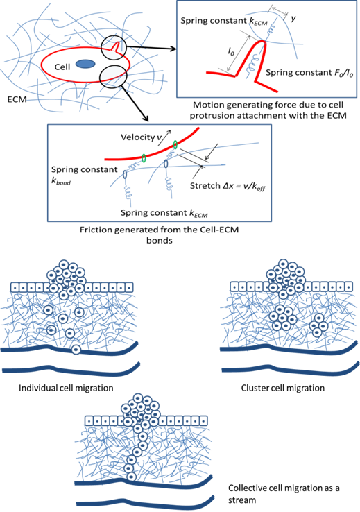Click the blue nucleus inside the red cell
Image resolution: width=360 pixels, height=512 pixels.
tap(85, 64)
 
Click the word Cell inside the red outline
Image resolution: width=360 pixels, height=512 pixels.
tap(62, 67)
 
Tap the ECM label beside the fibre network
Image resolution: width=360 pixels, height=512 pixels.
tap(17, 99)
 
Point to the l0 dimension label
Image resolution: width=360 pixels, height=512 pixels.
tap(231, 51)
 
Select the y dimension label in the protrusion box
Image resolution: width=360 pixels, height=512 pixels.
tap(293, 18)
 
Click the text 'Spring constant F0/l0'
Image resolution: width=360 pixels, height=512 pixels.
tap(309, 73)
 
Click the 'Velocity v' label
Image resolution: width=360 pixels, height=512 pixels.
tap(141, 137)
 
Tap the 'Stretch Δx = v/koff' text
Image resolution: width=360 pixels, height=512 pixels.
tap(228, 186)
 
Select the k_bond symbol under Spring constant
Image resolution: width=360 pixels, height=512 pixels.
tap(61, 181)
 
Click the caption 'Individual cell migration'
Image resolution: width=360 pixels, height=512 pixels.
tap(66, 388)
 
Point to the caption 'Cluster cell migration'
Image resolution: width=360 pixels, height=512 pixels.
tap(283, 388)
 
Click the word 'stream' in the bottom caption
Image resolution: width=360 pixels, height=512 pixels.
tap(242, 500)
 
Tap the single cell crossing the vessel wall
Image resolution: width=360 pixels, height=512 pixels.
tap(76, 350)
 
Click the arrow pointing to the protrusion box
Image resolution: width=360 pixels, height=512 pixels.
tap(151, 49)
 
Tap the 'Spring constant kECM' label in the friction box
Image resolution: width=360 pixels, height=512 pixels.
tap(164, 213)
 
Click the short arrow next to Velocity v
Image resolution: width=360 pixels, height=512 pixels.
tap(166, 134)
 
